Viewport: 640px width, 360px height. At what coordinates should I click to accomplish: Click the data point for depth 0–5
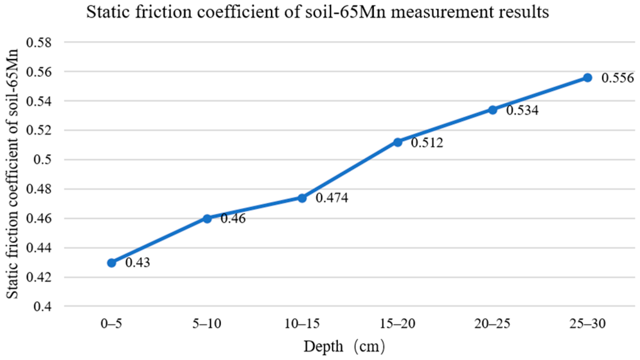[x=112, y=263]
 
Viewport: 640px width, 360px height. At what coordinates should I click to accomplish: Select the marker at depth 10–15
[x=302, y=198]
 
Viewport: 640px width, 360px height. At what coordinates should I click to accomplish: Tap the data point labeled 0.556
[x=587, y=78]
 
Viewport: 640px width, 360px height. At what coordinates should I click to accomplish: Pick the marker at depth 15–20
[x=398, y=142]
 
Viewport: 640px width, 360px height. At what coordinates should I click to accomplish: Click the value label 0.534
[x=522, y=110]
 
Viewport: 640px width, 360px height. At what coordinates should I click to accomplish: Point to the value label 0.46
[x=233, y=218]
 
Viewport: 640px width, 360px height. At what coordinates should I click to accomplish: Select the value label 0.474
[x=332, y=198]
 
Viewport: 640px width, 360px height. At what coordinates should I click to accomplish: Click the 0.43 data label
[x=138, y=262]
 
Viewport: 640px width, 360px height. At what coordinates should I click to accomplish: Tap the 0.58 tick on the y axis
[x=39, y=42]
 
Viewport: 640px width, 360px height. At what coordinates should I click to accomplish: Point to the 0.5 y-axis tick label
[x=43, y=160]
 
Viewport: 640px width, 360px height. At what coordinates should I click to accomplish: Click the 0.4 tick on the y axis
[x=43, y=307]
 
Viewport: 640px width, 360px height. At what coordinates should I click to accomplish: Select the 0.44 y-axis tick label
[x=39, y=248]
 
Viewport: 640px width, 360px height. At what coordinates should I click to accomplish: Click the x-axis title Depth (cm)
[x=344, y=347]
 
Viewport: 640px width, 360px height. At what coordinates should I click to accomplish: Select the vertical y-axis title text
[x=12, y=174]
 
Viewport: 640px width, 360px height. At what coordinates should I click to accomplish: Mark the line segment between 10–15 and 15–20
[x=350, y=170]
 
